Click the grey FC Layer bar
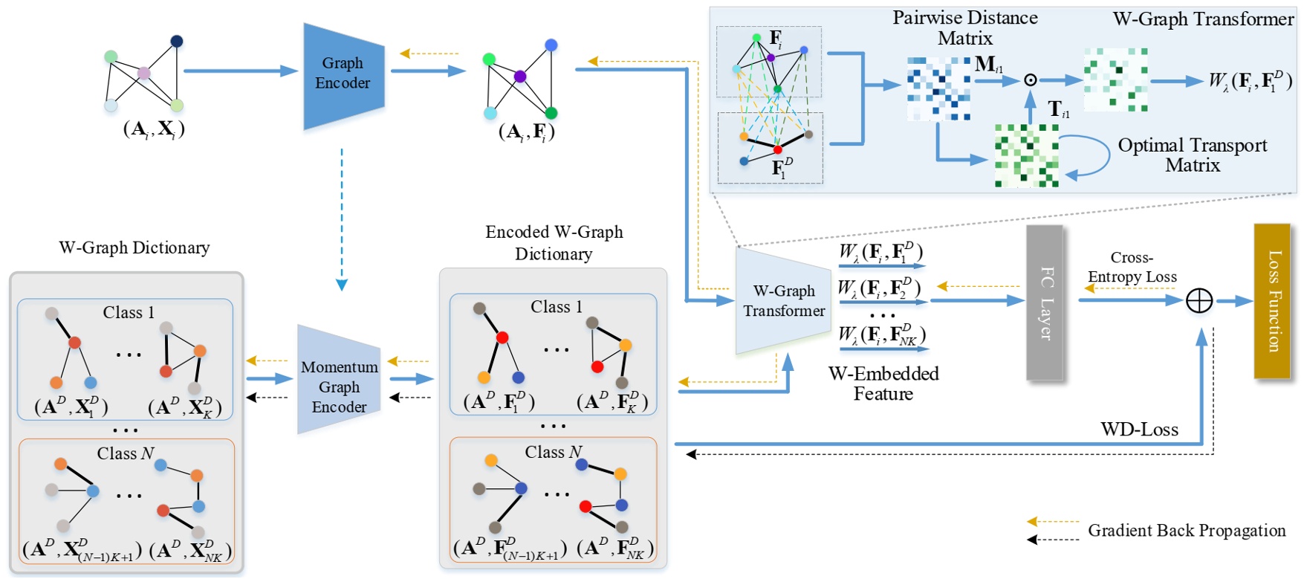click(1045, 303)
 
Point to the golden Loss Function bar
click(1273, 301)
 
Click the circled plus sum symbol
click(1199, 301)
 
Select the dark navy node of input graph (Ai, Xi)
click(176, 42)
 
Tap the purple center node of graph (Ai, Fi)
click(520, 77)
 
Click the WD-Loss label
click(1139, 430)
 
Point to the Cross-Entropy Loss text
click(1132, 268)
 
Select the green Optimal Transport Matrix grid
click(1026, 155)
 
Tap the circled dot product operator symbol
click(1031, 80)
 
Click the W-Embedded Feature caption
click(883, 384)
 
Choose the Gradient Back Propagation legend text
click(1187, 531)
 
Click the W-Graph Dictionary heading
click(134, 248)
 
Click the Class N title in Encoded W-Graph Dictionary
click(553, 452)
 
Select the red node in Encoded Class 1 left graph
click(502, 337)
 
